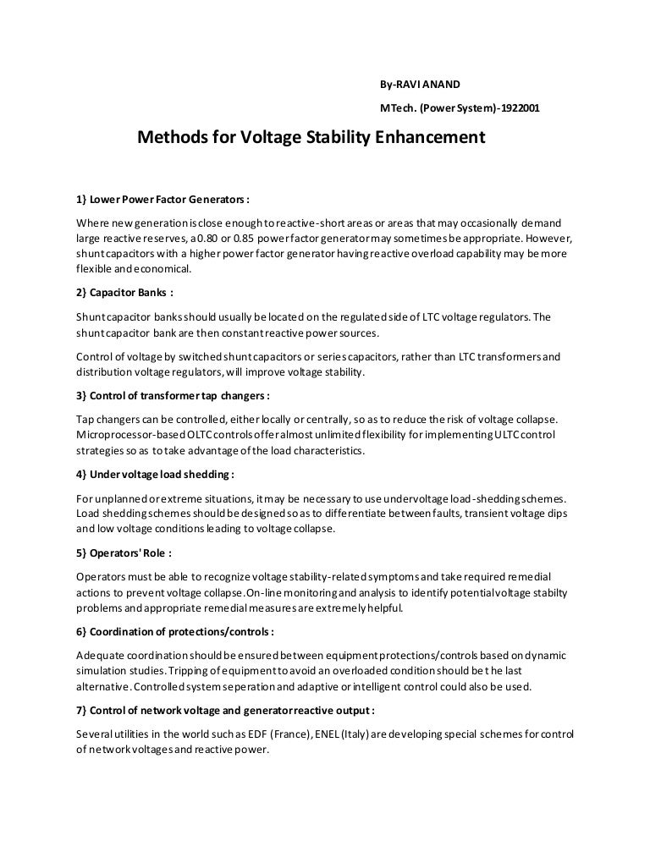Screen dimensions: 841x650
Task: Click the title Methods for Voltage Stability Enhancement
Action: click(x=311, y=137)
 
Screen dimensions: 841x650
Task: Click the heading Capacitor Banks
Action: click(x=124, y=293)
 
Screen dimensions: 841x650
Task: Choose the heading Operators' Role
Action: click(x=124, y=552)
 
